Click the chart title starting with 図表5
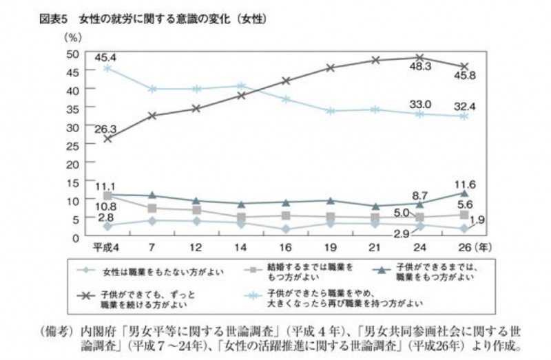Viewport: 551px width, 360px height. click(x=152, y=19)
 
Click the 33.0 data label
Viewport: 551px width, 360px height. click(x=420, y=104)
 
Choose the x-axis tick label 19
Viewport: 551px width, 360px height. click(x=331, y=246)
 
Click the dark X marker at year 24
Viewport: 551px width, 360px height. click(x=420, y=58)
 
